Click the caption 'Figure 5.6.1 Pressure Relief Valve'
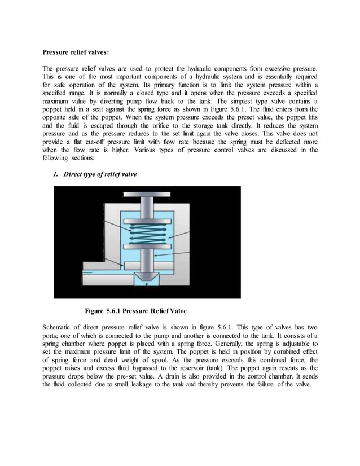[x=135, y=310]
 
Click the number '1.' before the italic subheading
[x=56, y=174]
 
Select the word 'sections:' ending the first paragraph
[x=76, y=158]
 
